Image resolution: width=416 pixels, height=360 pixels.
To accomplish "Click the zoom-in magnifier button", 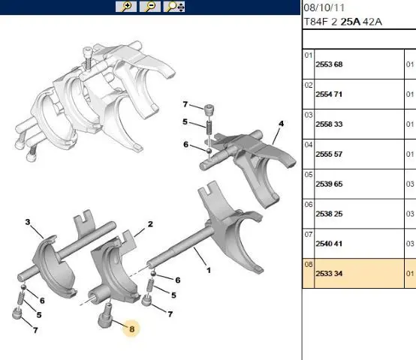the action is pos(126,7).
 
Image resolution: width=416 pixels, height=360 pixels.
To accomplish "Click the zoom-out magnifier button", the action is pos(150,7).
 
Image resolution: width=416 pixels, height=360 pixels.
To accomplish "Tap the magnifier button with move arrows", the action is pos(174,7).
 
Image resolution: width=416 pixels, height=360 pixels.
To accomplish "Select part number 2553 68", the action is pos(329,64).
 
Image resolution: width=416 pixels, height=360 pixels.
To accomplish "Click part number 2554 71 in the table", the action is pos(329,94).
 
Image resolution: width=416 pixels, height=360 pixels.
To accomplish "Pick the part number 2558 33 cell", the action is pos(329,124).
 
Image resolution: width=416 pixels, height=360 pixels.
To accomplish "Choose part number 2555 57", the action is pos(329,154).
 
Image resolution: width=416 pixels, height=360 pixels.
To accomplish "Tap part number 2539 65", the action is pos(329,184).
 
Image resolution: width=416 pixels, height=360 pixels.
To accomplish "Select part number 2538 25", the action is pos(329,214).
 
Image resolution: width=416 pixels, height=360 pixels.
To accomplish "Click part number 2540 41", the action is pos(329,244).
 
